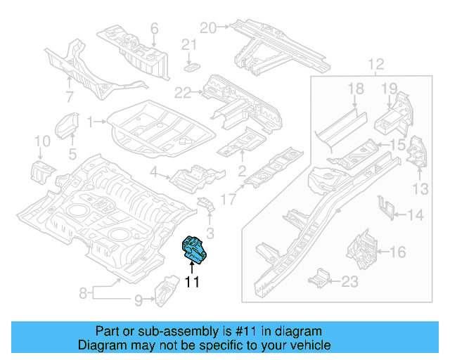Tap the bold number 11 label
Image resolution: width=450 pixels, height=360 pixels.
(192, 282)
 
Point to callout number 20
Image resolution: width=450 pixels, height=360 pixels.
(207, 28)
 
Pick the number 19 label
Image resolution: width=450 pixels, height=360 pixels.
(390, 88)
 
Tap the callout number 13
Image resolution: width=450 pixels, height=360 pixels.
(420, 188)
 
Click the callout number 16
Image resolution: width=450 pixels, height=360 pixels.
(397, 251)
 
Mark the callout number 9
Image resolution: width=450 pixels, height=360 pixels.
(139, 301)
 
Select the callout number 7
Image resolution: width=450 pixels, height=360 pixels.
(70, 96)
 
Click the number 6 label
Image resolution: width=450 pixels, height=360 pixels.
(154, 29)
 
